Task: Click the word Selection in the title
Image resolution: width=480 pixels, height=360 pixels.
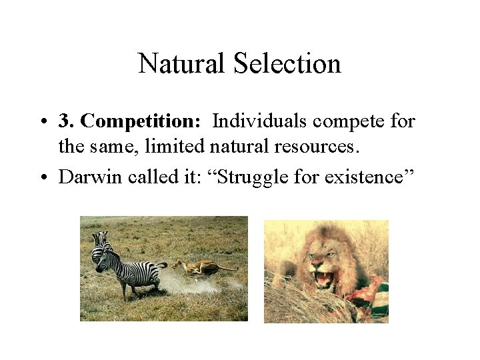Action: click(x=287, y=64)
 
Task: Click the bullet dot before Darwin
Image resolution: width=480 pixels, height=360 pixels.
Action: click(x=43, y=177)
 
